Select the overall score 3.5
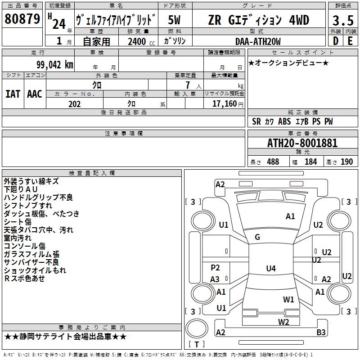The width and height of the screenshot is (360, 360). (x=342, y=21)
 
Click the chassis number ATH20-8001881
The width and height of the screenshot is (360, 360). (x=302, y=143)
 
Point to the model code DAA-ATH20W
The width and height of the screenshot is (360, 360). (x=258, y=41)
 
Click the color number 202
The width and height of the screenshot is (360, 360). (x=74, y=104)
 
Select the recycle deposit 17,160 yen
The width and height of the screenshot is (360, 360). (x=227, y=104)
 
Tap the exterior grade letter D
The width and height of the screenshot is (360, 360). (x=335, y=41)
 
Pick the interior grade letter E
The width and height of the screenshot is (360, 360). (x=350, y=41)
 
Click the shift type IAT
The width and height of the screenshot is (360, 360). (x=13, y=94)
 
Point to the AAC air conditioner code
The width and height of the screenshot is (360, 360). (x=35, y=94)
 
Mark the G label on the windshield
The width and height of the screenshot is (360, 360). (x=257, y=237)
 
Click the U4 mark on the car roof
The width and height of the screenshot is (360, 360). (x=270, y=269)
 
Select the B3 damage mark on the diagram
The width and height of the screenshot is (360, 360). (x=321, y=333)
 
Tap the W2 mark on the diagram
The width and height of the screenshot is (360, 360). (x=283, y=322)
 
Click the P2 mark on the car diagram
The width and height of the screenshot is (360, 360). (x=215, y=268)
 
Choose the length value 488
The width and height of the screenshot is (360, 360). (x=273, y=162)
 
